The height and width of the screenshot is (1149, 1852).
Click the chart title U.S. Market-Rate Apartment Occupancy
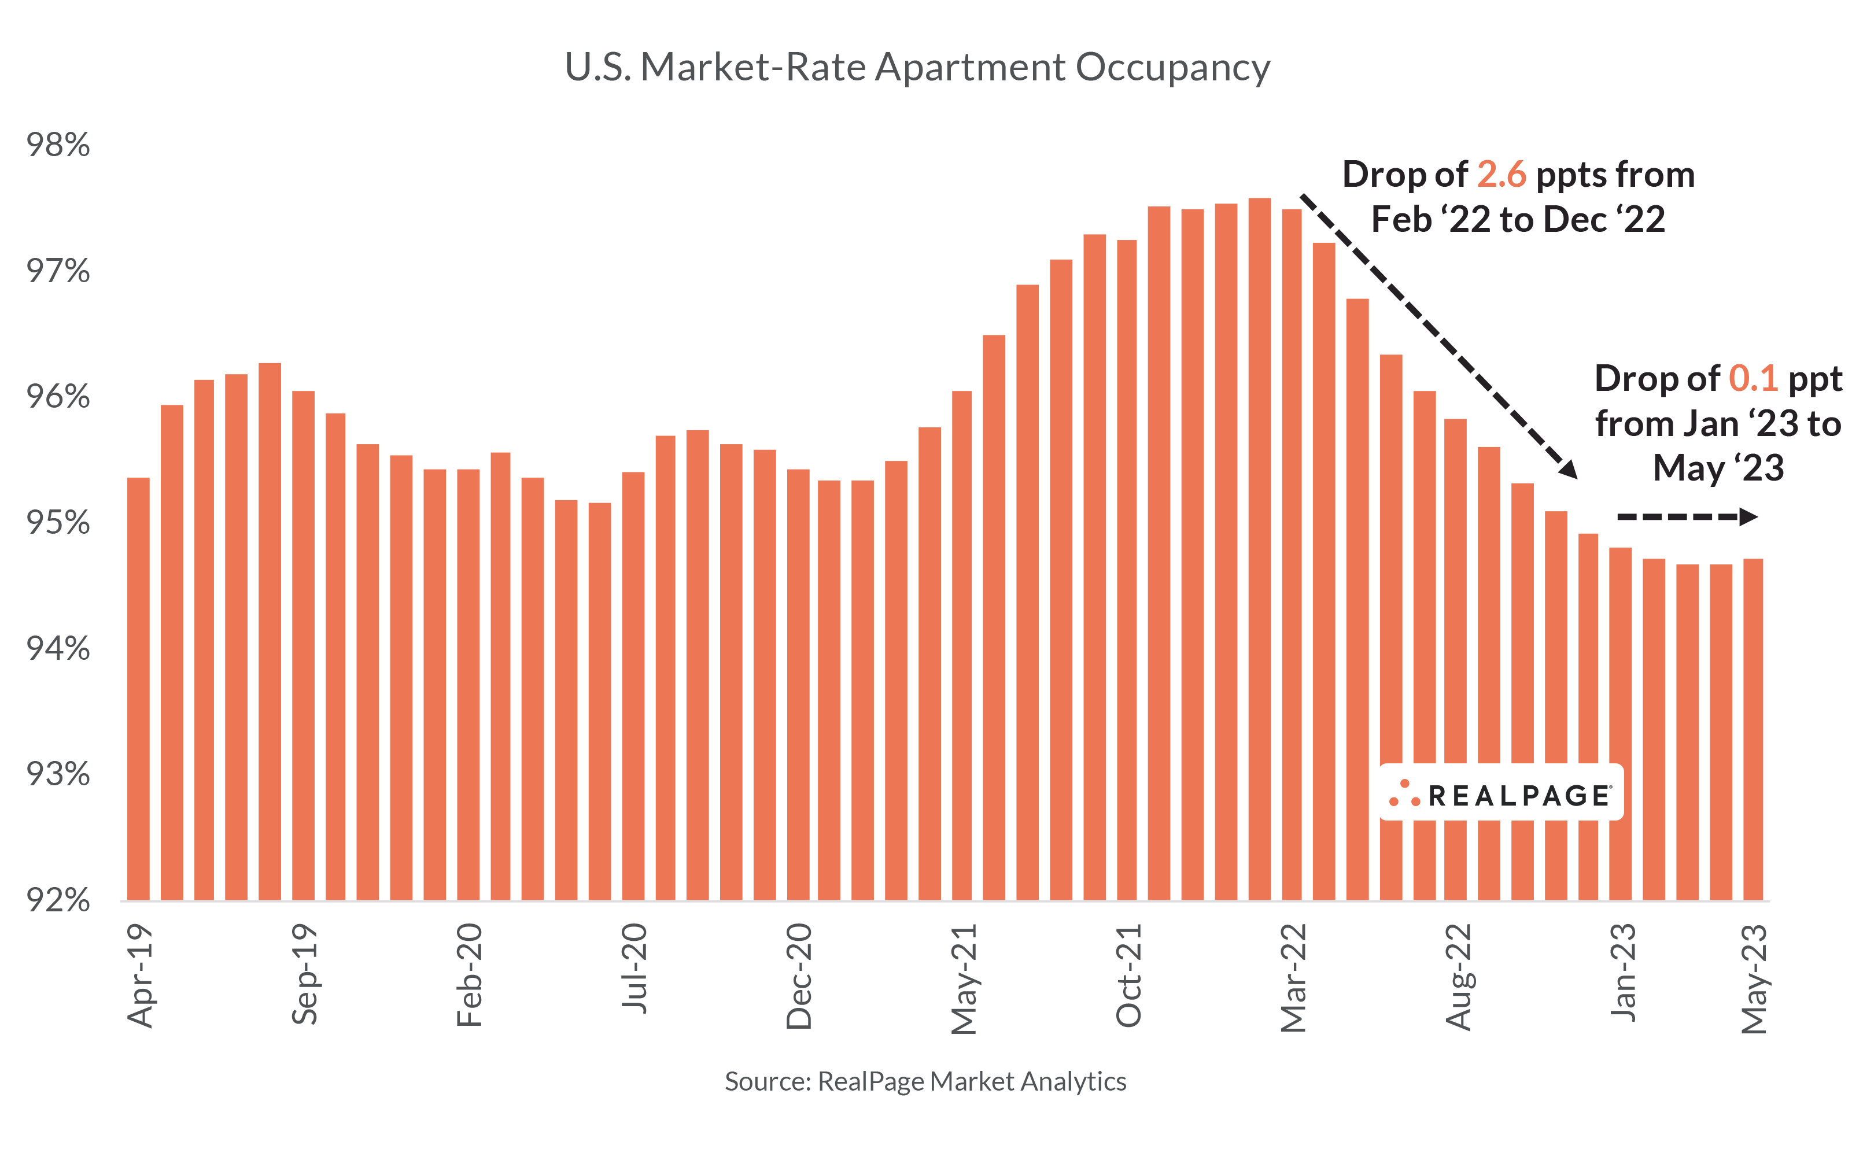[x=917, y=67]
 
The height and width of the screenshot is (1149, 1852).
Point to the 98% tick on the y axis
[x=58, y=145]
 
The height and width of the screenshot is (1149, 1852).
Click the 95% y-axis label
[x=58, y=523]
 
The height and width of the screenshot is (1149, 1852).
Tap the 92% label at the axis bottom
[x=58, y=900]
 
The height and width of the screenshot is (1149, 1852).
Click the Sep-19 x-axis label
[x=304, y=974]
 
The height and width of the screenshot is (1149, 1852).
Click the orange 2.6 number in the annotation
[x=1501, y=175]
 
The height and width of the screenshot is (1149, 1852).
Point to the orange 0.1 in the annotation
[x=1753, y=378]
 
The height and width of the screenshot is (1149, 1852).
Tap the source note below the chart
[x=925, y=1081]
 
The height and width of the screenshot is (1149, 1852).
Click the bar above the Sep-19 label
[x=303, y=646]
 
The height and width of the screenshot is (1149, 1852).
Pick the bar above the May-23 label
[x=1753, y=730]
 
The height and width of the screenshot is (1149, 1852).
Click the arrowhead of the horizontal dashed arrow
[x=1748, y=517]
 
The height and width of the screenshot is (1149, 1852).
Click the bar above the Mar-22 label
[x=1291, y=555]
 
